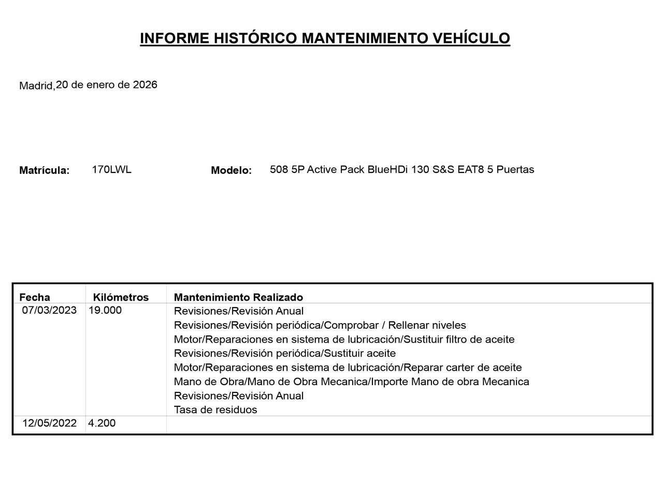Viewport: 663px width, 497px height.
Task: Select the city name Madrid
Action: click(x=36, y=86)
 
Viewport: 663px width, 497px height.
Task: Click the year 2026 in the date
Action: click(x=145, y=85)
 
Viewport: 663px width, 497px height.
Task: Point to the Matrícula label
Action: click(x=44, y=170)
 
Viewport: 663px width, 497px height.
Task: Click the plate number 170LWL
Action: click(x=111, y=169)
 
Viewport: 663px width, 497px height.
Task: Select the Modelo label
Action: click(x=231, y=170)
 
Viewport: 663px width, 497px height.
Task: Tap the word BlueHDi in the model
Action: click(x=388, y=170)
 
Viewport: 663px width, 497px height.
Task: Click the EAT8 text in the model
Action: click(x=471, y=170)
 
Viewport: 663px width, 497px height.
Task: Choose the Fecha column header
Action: click(x=35, y=297)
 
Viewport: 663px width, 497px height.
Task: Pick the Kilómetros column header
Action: click(x=121, y=297)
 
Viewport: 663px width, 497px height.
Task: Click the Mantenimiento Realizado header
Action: click(x=238, y=297)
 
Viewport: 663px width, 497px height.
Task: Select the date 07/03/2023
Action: click(x=49, y=311)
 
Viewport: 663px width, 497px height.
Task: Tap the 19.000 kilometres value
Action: click(x=105, y=311)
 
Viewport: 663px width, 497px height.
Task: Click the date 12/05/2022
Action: click(x=49, y=423)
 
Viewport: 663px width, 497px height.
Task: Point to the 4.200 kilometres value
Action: click(x=102, y=423)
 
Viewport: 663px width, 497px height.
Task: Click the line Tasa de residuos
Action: click(x=215, y=410)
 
